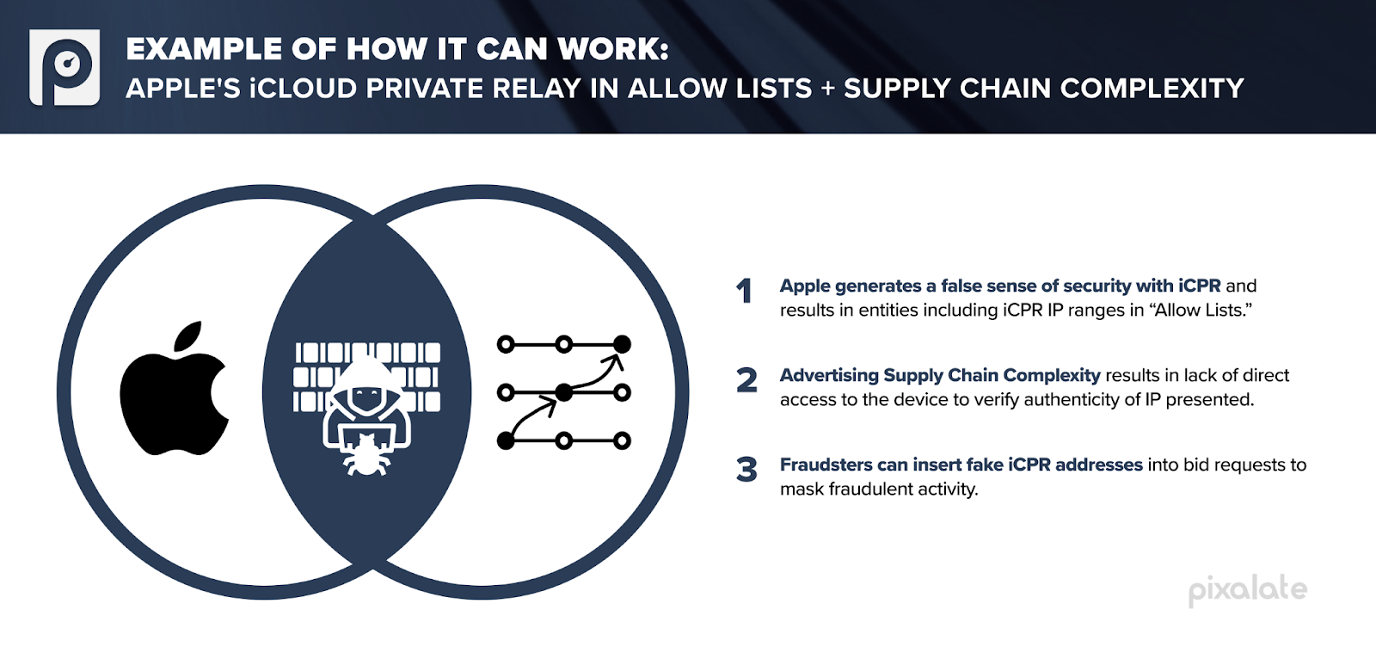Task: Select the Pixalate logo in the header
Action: [x=64, y=67]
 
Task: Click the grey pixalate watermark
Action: [x=1247, y=590]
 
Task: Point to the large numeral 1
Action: [x=745, y=291]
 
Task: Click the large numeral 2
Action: [x=746, y=380]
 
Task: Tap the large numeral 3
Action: [x=746, y=470]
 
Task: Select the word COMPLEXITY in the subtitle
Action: [x=1152, y=88]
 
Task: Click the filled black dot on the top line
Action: [x=622, y=345]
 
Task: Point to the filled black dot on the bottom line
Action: [x=506, y=441]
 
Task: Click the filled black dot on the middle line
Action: [x=564, y=393]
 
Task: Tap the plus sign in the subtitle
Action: [x=827, y=89]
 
